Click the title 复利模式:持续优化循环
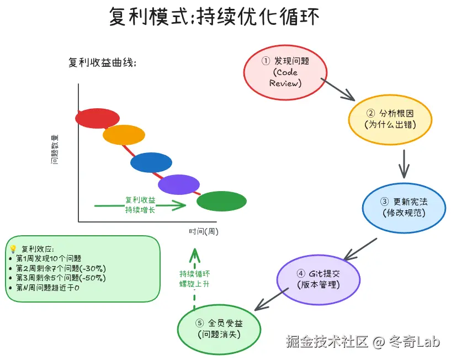(x=214, y=17)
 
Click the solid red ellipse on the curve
(x=97, y=118)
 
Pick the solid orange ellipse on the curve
(x=124, y=135)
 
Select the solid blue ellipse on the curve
(x=151, y=162)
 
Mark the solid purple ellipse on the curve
(x=179, y=184)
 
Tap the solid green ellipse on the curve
(x=221, y=202)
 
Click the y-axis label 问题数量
(x=55, y=149)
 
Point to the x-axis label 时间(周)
(x=203, y=231)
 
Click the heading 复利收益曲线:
(x=102, y=62)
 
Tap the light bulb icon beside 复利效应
(x=13, y=248)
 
